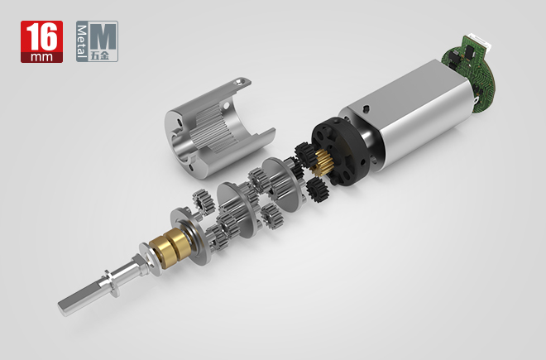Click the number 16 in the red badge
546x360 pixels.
[x=41, y=36]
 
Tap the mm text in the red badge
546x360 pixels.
[x=41, y=57]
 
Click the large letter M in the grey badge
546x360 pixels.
[x=103, y=36]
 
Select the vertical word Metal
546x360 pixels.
[x=81, y=42]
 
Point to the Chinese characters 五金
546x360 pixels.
[x=99, y=55]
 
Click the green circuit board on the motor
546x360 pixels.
[x=469, y=72]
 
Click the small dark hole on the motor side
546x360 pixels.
[x=365, y=109]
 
